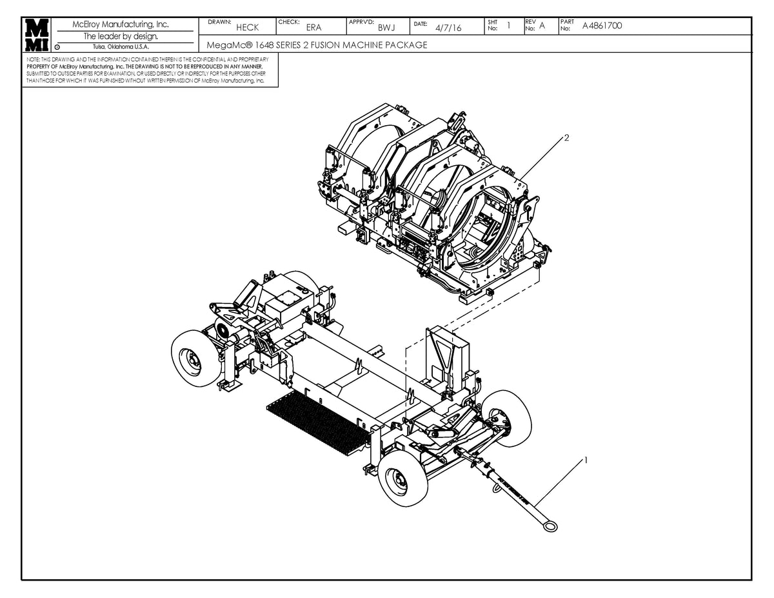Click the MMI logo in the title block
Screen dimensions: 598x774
point(37,35)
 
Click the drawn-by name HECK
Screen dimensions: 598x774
point(247,28)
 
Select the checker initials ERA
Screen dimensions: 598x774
point(313,28)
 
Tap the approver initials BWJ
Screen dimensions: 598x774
point(386,28)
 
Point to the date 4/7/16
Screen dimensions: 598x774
point(448,28)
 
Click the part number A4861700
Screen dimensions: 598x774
point(602,26)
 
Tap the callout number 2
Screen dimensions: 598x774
point(566,137)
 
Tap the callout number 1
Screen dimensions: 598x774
point(585,460)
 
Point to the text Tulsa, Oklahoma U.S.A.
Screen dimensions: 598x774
point(121,46)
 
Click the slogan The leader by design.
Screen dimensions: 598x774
point(121,36)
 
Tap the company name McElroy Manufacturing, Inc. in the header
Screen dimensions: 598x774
point(121,25)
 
